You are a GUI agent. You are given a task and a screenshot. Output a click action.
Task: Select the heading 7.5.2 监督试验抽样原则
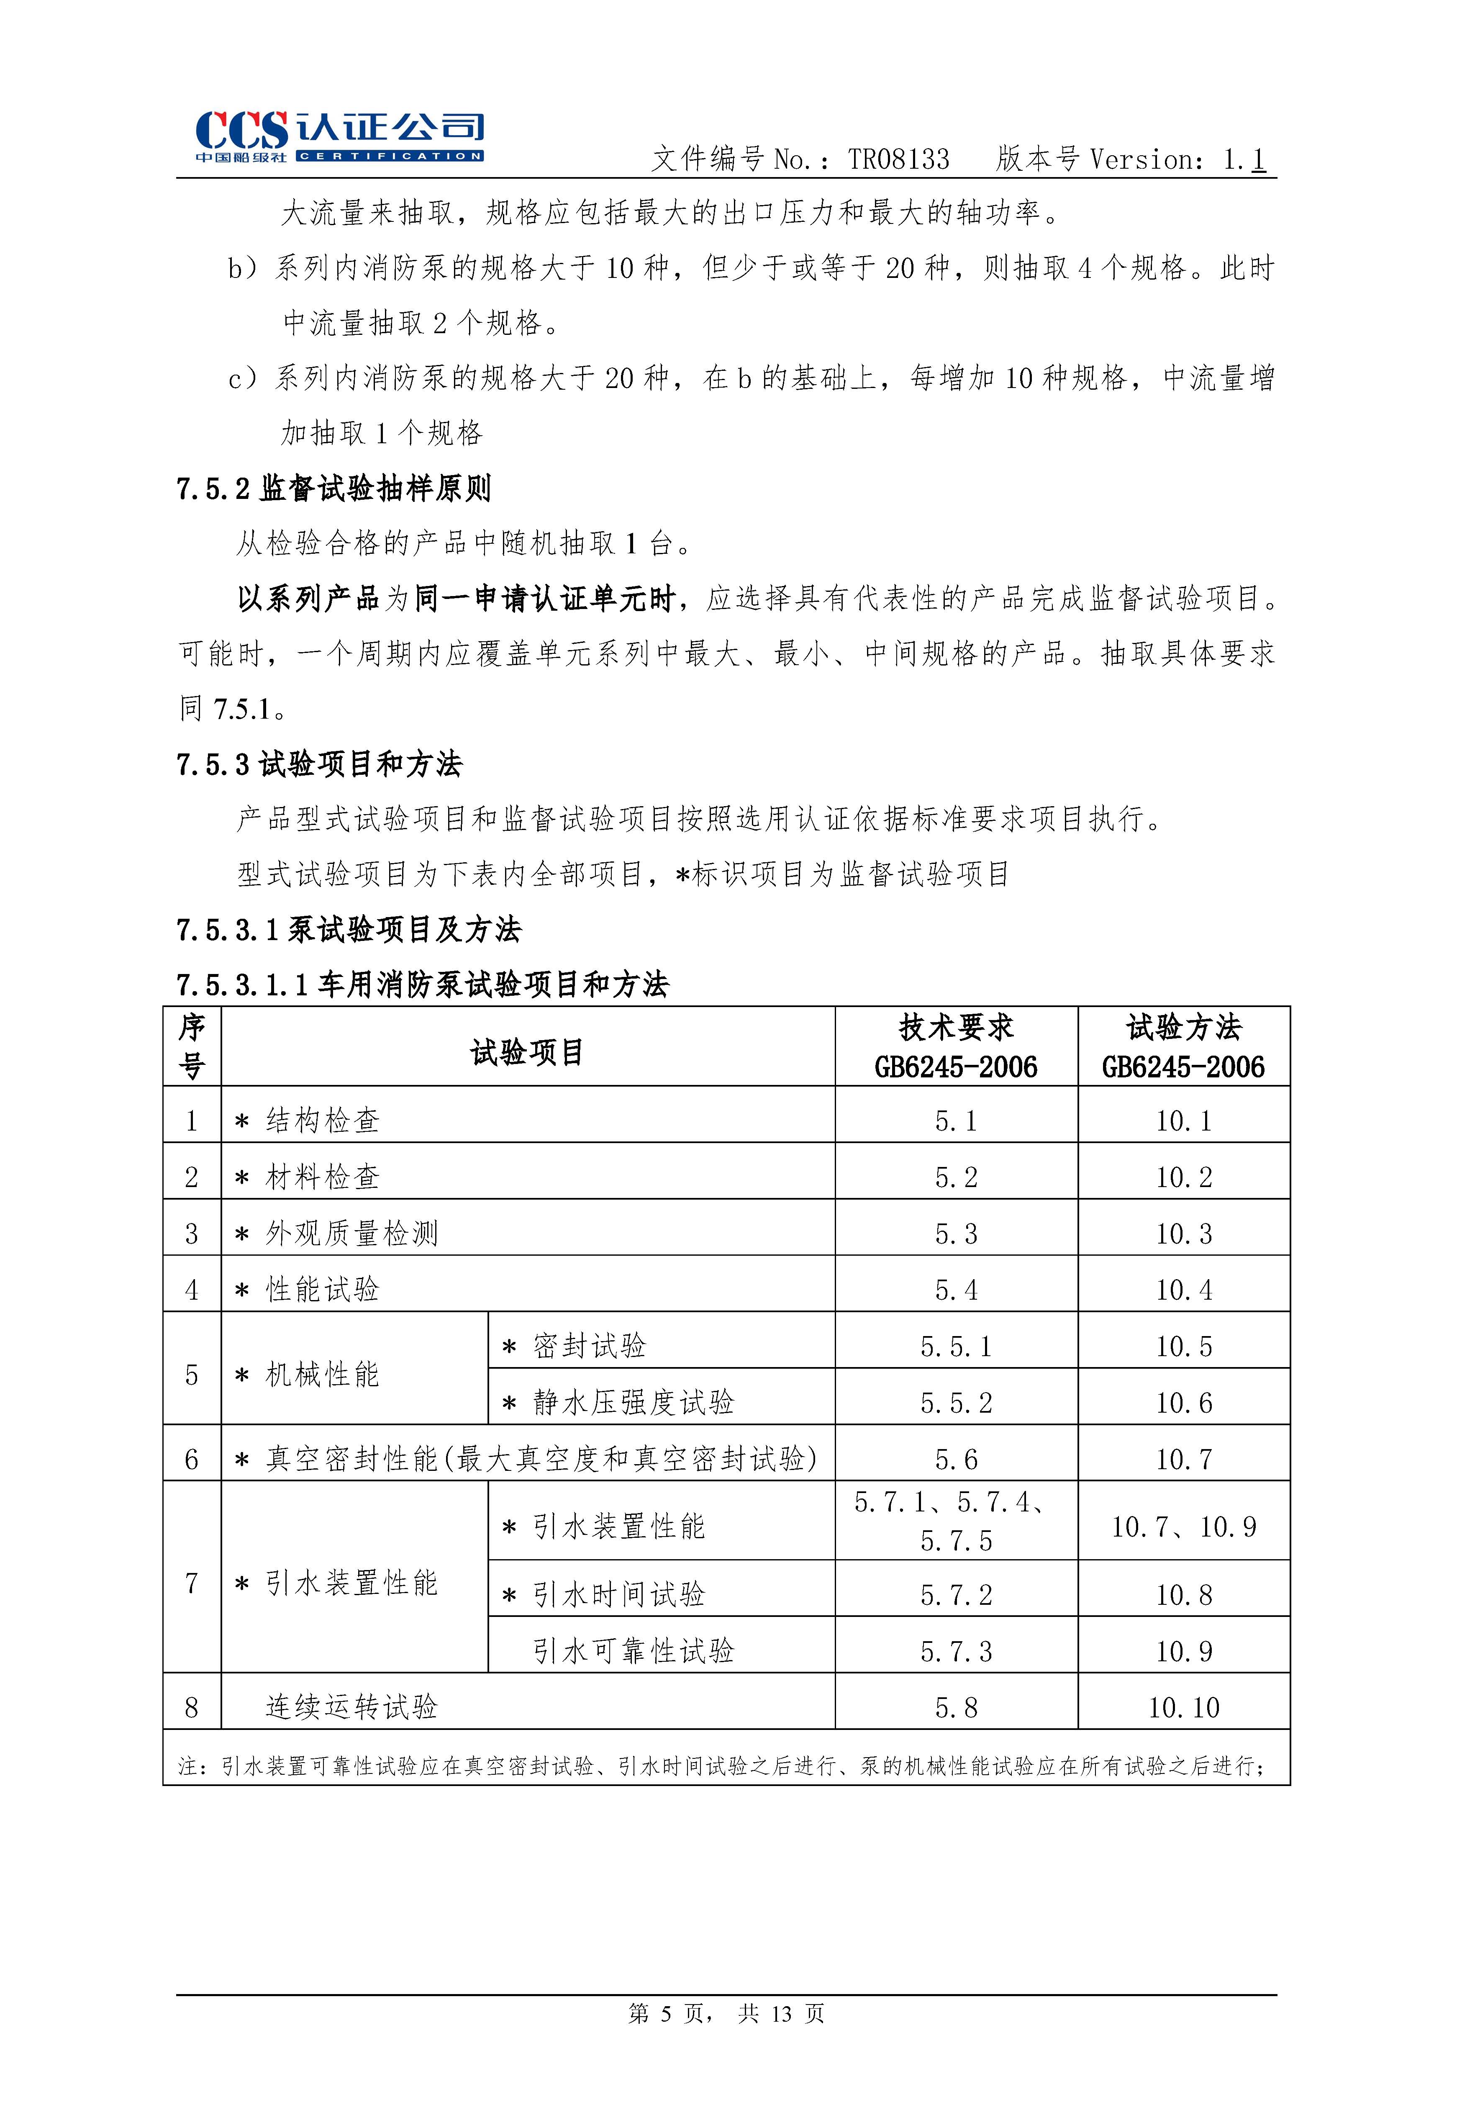334,489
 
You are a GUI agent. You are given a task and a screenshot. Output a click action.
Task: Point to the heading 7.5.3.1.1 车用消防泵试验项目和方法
423,984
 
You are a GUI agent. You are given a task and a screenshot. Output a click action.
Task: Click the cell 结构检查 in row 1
322,1120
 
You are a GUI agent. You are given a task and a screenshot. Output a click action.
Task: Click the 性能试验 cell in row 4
322,1290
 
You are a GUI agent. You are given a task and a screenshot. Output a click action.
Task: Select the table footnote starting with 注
721,1766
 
